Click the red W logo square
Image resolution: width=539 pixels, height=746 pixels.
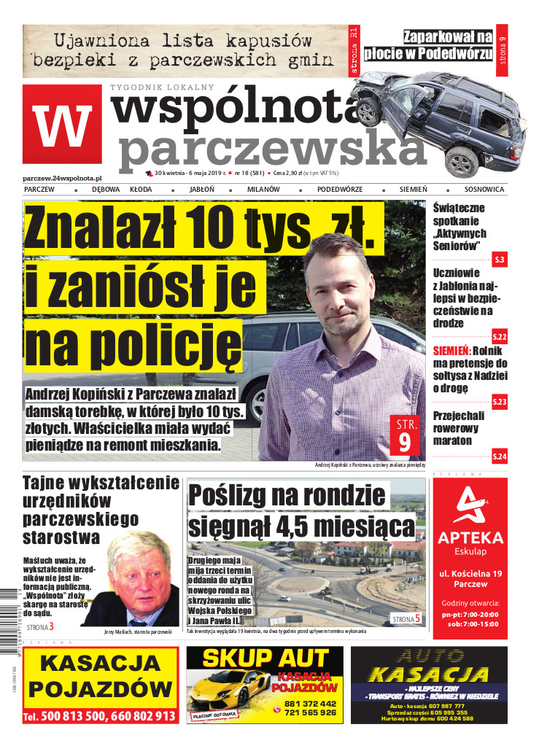pyautogui.click(x=62, y=126)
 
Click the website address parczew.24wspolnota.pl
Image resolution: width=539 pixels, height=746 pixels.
pyautogui.click(x=62, y=177)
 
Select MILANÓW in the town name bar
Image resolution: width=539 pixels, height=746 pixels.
pyautogui.click(x=263, y=190)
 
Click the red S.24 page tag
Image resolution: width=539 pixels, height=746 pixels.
pyautogui.click(x=500, y=456)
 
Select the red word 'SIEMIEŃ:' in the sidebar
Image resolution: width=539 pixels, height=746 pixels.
pyautogui.click(x=451, y=350)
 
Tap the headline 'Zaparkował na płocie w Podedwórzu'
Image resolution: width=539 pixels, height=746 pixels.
pyautogui.click(x=448, y=44)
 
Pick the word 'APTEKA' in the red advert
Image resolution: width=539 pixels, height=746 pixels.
pyautogui.click(x=470, y=538)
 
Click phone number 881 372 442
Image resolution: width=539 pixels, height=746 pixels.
pyautogui.click(x=311, y=703)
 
